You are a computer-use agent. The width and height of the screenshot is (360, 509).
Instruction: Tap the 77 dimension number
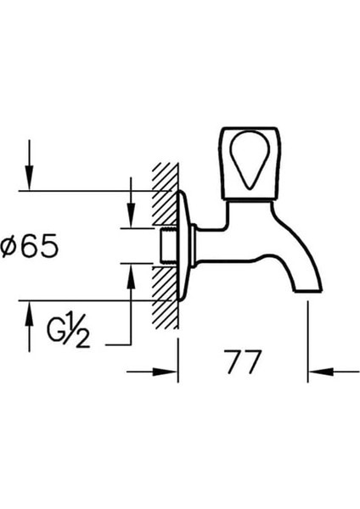(x=244, y=361)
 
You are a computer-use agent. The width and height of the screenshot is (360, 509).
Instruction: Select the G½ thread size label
(x=68, y=330)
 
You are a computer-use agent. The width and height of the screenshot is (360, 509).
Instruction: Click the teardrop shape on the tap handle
(x=250, y=160)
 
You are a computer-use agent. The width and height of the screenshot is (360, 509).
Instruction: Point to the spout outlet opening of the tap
(x=308, y=291)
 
